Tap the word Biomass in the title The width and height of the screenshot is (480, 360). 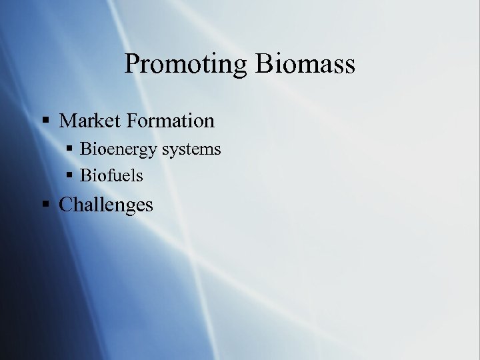(x=305, y=64)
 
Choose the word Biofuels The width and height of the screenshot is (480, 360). (x=111, y=176)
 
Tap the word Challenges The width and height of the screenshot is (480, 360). (x=106, y=205)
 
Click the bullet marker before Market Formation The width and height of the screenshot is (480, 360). (x=45, y=121)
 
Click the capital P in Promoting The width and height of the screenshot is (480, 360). (x=132, y=64)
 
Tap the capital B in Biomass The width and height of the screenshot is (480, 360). (x=263, y=64)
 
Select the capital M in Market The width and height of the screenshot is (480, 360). (x=68, y=121)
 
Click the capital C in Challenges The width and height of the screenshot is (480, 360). (x=66, y=205)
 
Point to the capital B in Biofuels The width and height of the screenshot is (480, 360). (x=85, y=176)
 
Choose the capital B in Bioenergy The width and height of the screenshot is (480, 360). (x=85, y=149)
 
